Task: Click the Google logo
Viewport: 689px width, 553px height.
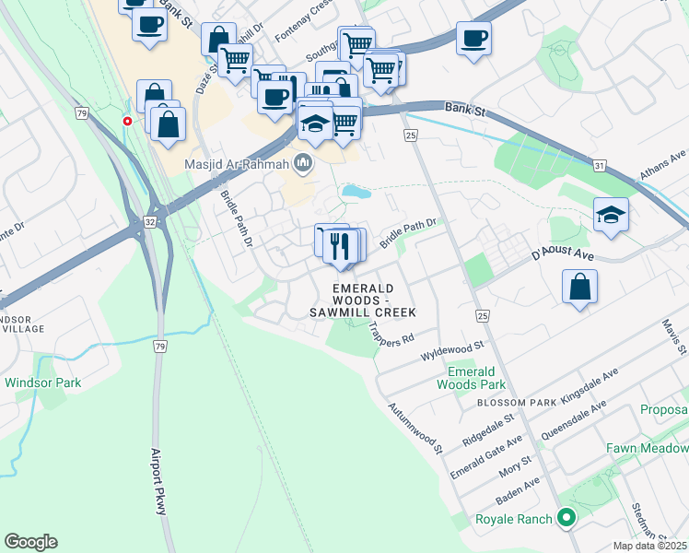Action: point(30,542)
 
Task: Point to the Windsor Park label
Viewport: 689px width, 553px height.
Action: point(42,382)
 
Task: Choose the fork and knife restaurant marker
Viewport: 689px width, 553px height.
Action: point(340,245)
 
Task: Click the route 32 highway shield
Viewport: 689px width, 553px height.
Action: point(150,222)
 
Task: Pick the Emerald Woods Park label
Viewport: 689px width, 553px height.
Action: point(471,377)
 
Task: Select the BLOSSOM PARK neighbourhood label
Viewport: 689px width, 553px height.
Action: point(517,403)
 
